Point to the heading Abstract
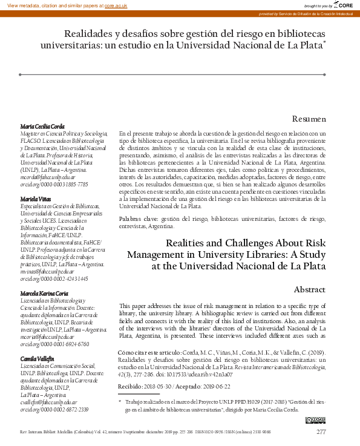click(x=310, y=290)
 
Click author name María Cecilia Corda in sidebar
click(x=43, y=126)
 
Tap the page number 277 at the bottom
click(x=321, y=432)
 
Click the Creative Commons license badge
click(x=316, y=419)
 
